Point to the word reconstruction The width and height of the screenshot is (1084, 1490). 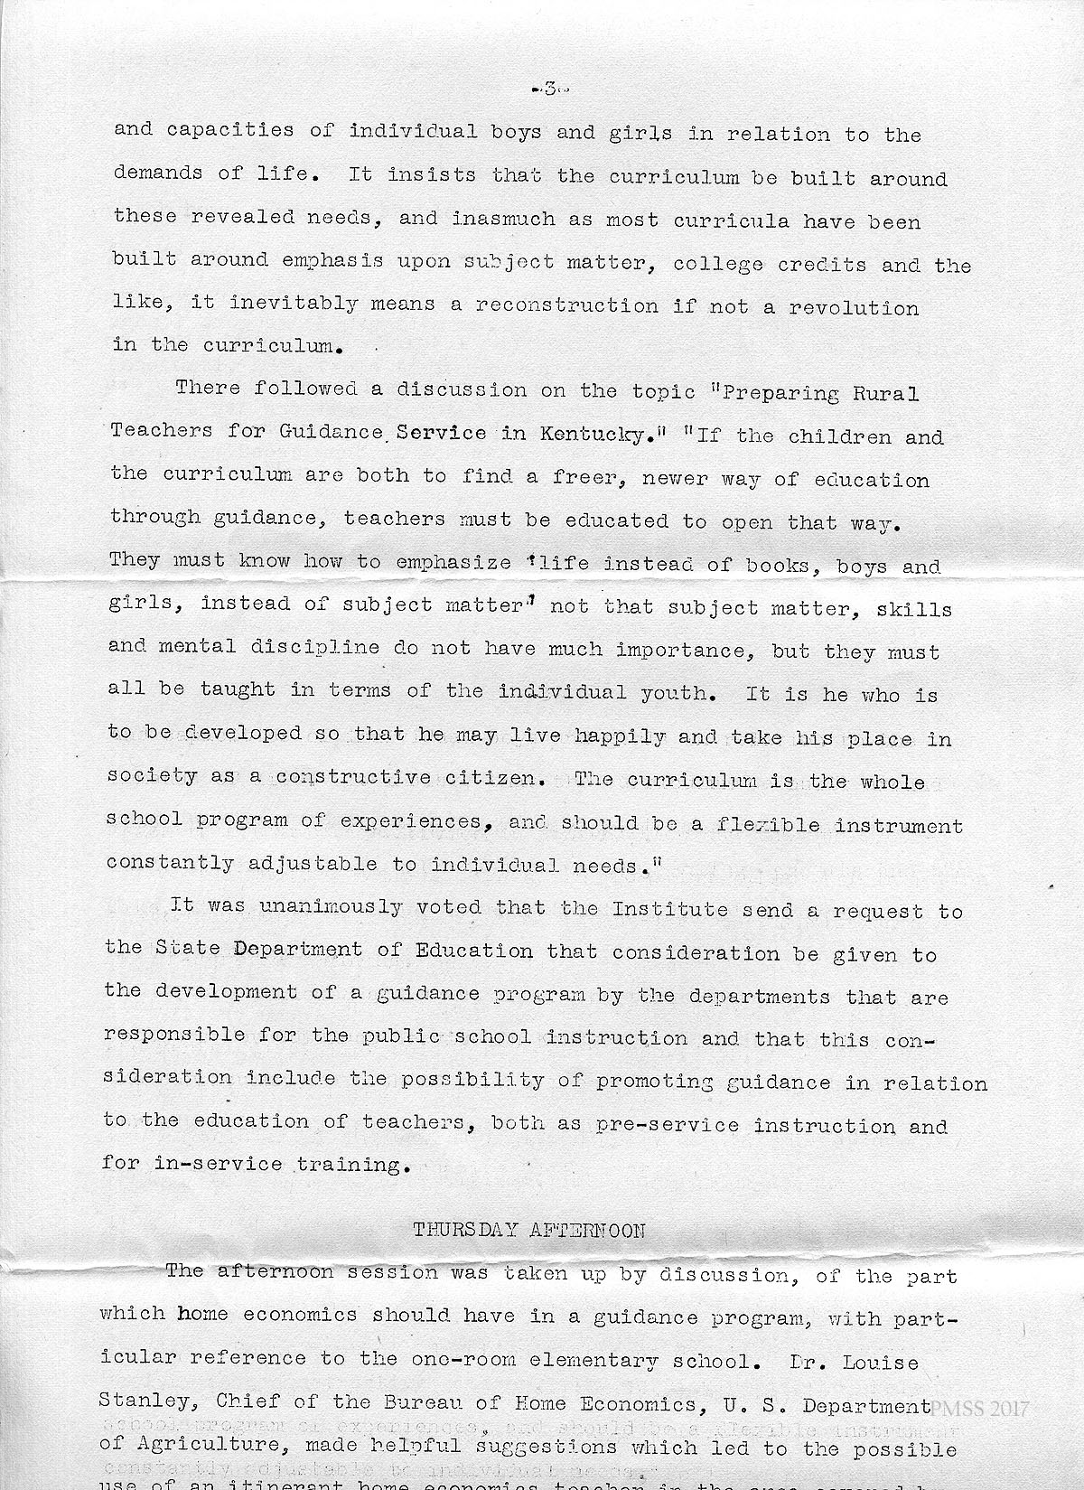click(567, 305)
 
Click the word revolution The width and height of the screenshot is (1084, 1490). click(854, 307)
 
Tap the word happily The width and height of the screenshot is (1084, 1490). click(621, 737)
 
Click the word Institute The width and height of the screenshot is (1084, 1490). click(670, 910)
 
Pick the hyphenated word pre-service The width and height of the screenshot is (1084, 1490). click(668, 1126)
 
